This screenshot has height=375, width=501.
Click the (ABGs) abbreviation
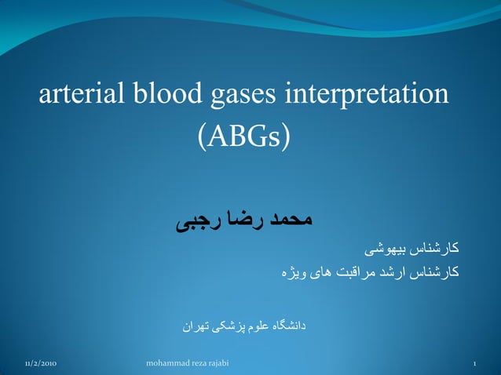click(x=243, y=138)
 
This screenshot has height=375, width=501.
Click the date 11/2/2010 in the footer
click(x=40, y=365)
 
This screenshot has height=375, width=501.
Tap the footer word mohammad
click(x=170, y=365)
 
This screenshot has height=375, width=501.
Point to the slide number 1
click(x=475, y=365)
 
